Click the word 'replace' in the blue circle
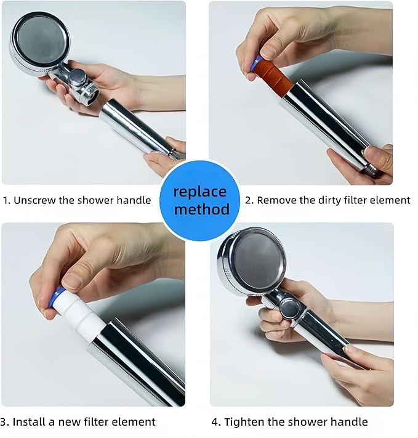pyautogui.click(x=199, y=192)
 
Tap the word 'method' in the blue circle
pyautogui.click(x=201, y=209)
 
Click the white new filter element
pyautogui.click(x=80, y=314)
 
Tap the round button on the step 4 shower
pyautogui.click(x=291, y=308)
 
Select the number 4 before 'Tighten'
pyautogui.click(x=215, y=422)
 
